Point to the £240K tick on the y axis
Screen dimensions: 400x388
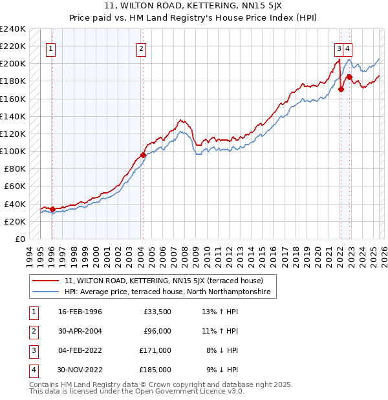(x=13, y=29)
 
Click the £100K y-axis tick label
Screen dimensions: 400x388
(x=13, y=151)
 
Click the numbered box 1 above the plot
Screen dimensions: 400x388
(x=51, y=47)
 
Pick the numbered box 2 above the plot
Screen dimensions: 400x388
(x=141, y=47)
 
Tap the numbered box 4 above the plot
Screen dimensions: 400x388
(x=348, y=47)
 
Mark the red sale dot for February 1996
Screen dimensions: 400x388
(x=52, y=209)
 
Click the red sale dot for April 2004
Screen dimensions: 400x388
(x=143, y=154)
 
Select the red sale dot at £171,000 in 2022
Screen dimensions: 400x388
(x=340, y=90)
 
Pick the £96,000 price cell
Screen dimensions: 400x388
(x=156, y=331)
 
